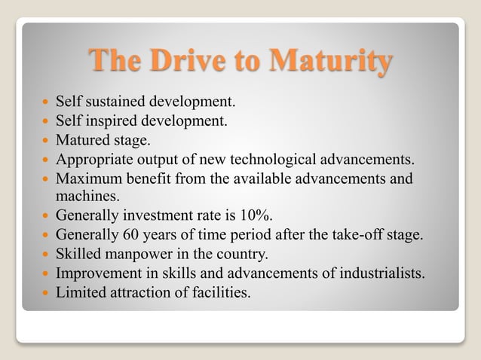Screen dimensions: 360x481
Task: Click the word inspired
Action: tap(110, 120)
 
